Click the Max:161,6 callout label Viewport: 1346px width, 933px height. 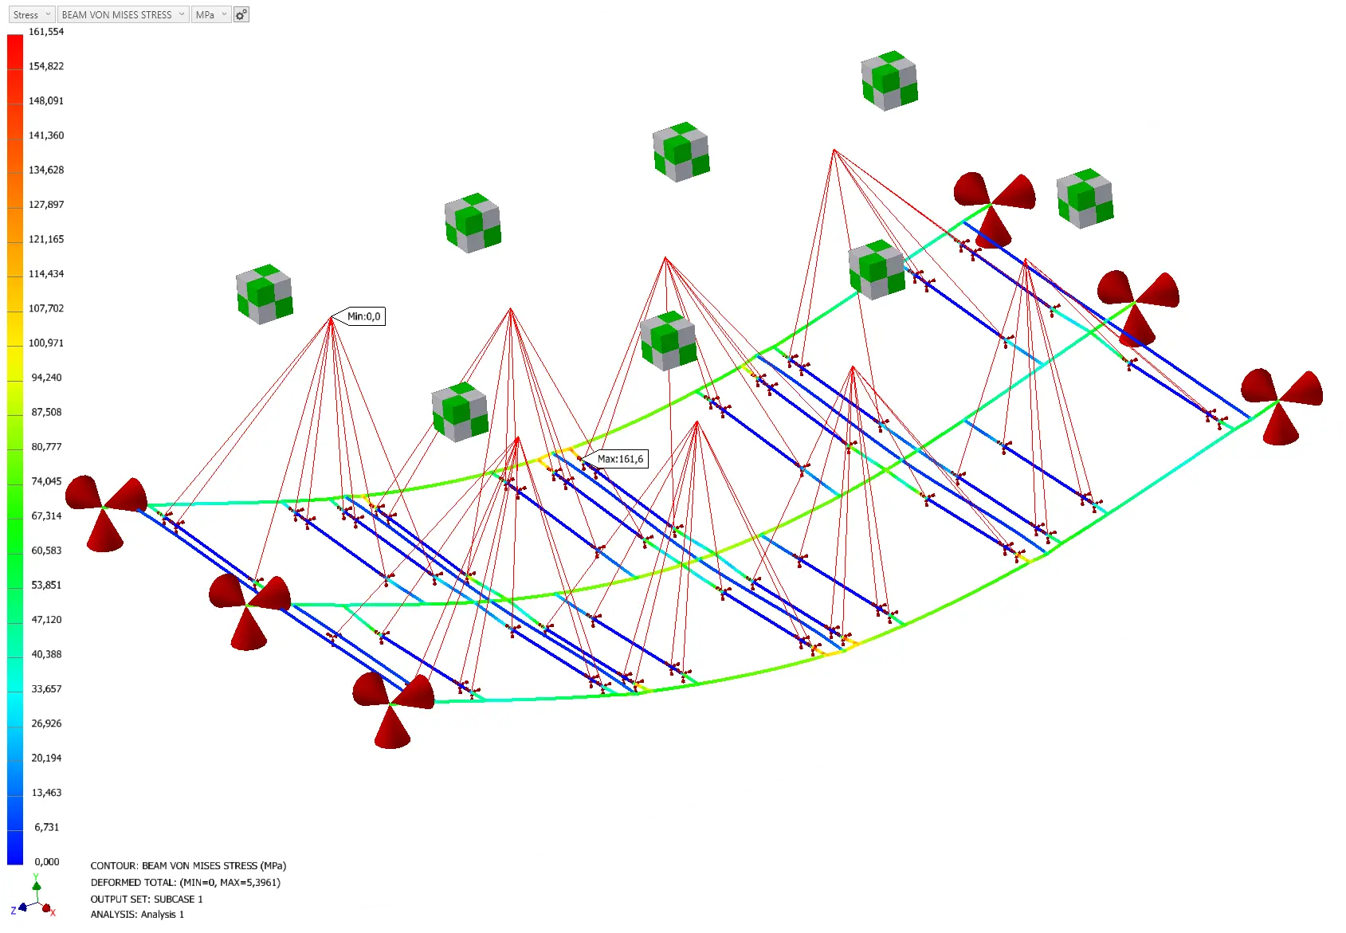619,459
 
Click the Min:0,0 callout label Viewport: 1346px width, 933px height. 363,316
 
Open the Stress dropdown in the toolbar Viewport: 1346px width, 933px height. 32,14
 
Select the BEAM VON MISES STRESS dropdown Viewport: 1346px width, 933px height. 124,14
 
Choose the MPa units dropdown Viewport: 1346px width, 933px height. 211,14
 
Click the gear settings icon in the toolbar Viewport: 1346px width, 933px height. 241,14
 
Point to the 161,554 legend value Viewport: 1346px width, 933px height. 46,32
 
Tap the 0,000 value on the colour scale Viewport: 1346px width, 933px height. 47,861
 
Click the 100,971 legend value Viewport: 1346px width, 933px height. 46,343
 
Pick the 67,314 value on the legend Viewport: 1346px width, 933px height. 46,516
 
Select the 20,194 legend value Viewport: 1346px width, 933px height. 46,759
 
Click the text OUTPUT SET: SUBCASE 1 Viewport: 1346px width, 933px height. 147,899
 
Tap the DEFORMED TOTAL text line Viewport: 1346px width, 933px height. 185,882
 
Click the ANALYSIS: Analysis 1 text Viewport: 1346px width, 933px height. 137,915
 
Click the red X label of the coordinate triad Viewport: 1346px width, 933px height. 53,912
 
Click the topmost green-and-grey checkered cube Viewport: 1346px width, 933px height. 889,80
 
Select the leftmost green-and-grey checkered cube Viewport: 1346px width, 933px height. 265,294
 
